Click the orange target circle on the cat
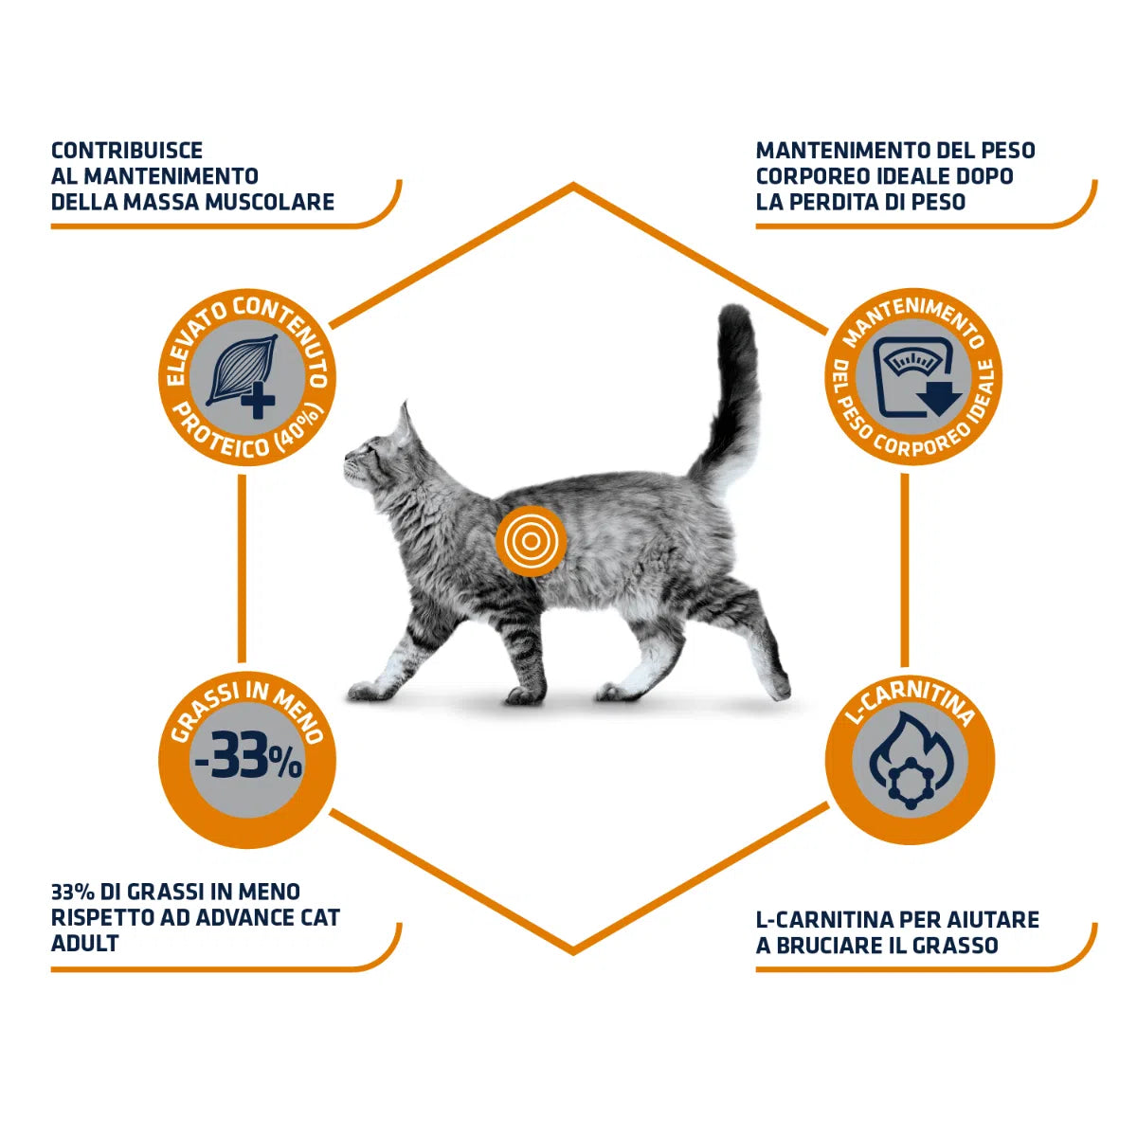point(531,540)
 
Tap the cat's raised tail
point(731,401)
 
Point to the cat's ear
point(406,424)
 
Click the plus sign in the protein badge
point(258,401)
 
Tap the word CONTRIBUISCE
point(127,150)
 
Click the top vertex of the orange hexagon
point(573,186)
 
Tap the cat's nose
point(348,456)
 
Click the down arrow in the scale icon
point(939,398)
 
